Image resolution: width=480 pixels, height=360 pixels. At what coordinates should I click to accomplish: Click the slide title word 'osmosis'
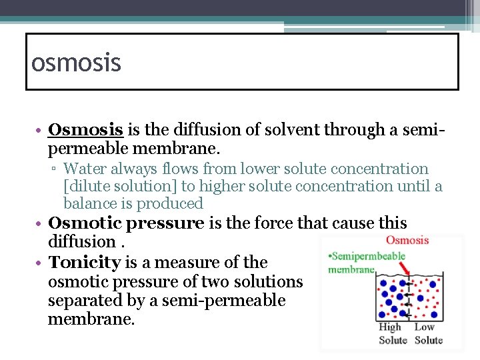tap(76, 63)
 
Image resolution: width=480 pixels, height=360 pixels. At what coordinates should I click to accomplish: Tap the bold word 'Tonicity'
tap(85, 263)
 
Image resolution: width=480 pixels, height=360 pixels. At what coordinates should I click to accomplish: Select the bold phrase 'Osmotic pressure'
tap(126, 223)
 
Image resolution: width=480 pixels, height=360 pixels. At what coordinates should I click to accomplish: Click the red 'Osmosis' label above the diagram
tap(407, 240)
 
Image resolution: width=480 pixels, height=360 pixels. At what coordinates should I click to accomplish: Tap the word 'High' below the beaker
tap(390, 327)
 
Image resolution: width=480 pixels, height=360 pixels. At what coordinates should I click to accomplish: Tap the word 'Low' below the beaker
tap(425, 327)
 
